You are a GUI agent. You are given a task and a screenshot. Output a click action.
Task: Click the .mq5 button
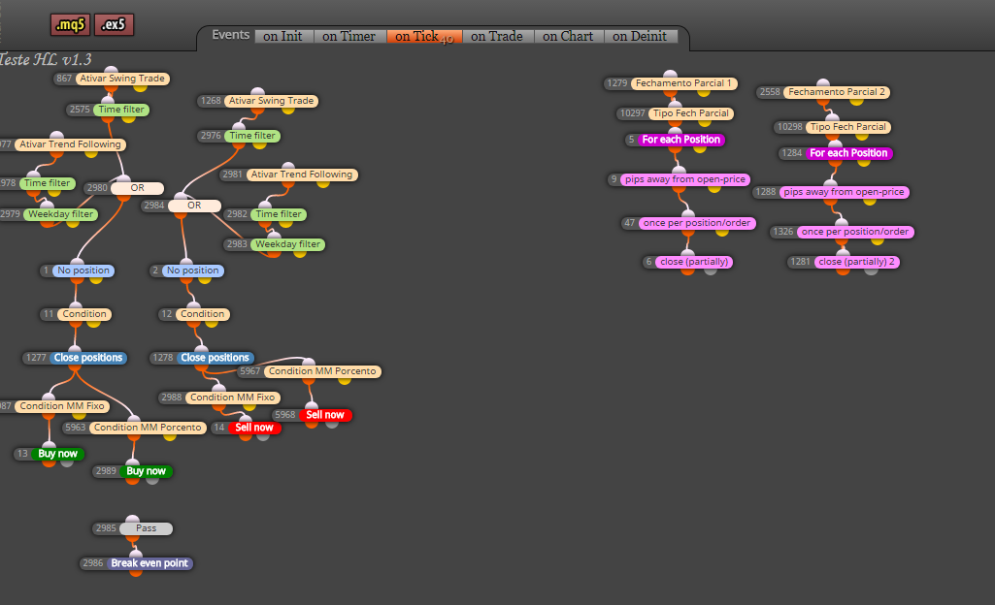click(70, 24)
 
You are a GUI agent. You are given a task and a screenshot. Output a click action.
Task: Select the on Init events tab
click(283, 36)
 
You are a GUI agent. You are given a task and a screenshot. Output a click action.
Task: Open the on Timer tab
click(349, 36)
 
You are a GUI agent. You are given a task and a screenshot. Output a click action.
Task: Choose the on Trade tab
click(497, 36)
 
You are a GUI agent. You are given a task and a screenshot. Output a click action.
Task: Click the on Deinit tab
click(640, 36)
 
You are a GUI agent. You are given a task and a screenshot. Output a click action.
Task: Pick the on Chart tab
click(568, 36)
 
